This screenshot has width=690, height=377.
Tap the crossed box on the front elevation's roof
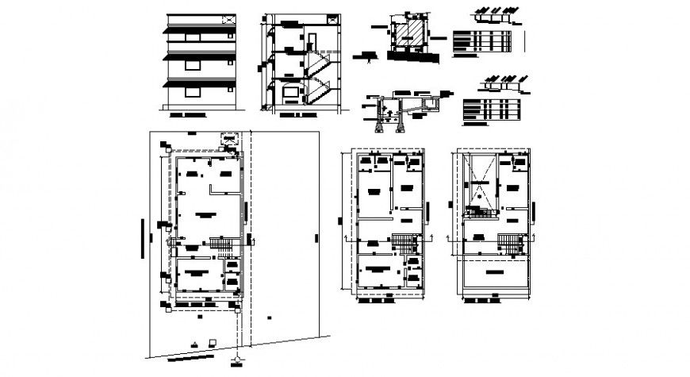pyautogui.click(x=228, y=17)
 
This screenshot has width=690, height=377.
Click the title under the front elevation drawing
pyautogui.click(x=187, y=116)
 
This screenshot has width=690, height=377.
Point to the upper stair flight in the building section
pyautogui.click(x=321, y=63)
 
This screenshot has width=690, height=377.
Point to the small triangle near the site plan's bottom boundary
pyautogui.click(x=194, y=343)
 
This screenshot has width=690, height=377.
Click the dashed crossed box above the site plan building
pyautogui.click(x=229, y=138)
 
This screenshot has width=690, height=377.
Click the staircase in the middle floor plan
pyautogui.click(x=405, y=244)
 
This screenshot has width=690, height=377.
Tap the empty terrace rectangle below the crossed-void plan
pyautogui.click(x=496, y=274)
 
